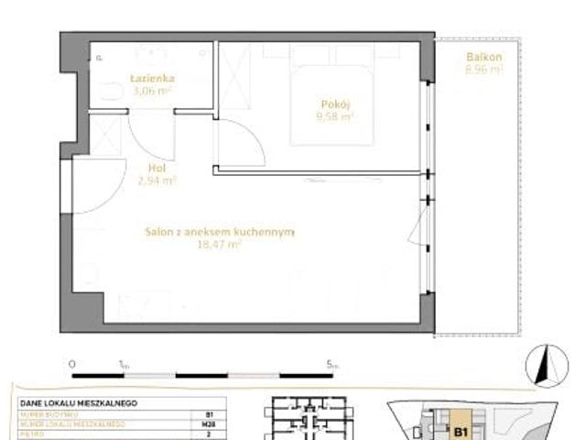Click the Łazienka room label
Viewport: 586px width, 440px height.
[x=151, y=78]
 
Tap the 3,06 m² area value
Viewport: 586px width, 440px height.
[x=151, y=91]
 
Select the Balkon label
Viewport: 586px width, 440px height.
[x=483, y=56]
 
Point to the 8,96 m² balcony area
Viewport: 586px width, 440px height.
[x=483, y=69]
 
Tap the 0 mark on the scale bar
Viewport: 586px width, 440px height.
[x=71, y=364]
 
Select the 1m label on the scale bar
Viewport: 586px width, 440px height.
[x=124, y=364]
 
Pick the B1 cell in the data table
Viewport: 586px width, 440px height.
[x=210, y=414]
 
